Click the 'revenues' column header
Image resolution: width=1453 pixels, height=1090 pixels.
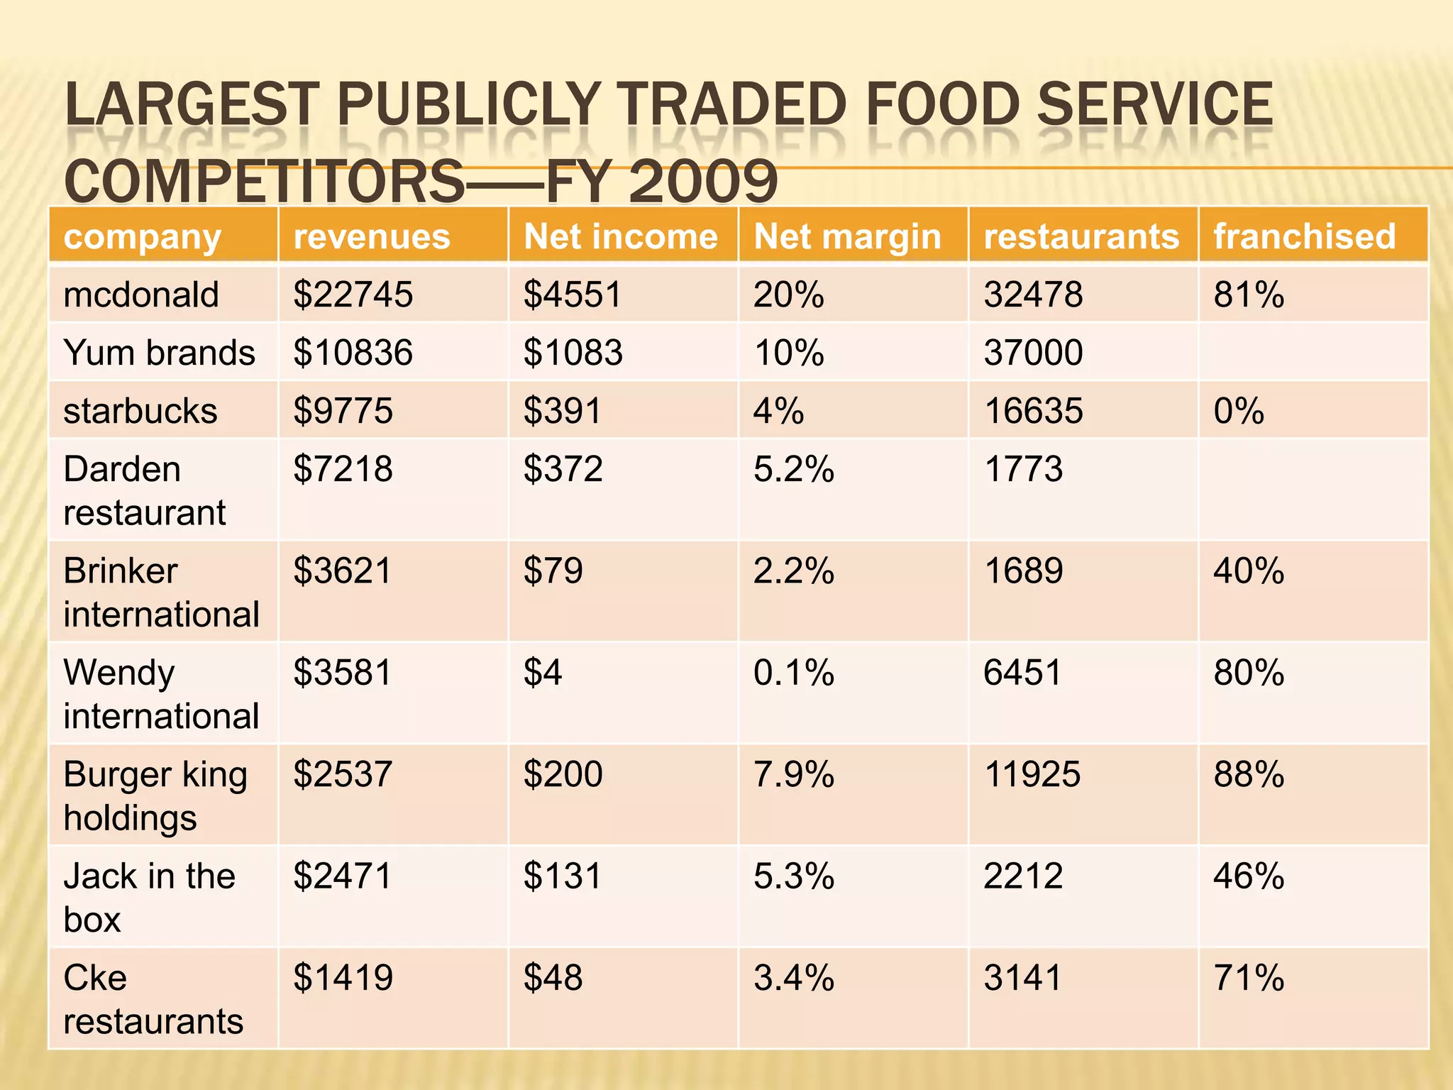point(372,236)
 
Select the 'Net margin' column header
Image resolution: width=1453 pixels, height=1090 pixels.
point(847,236)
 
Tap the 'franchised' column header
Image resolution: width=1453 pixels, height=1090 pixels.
point(1304,236)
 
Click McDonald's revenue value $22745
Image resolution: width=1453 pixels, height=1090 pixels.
point(353,294)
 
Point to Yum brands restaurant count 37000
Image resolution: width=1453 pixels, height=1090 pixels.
point(1033,353)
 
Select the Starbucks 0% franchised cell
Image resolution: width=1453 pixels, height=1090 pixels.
point(1239,411)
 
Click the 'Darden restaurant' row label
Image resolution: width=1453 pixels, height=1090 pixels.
point(145,490)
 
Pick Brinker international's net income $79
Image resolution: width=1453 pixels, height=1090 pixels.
point(553,571)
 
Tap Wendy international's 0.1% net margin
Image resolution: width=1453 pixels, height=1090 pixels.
point(793,672)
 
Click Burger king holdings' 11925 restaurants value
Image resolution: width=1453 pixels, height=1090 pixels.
point(1032,774)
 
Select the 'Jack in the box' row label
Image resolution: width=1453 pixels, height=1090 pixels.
point(149,897)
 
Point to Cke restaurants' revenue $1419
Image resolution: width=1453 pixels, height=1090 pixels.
point(343,978)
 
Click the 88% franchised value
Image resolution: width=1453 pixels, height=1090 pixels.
point(1249,774)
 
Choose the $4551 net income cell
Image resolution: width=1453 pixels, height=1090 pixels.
point(572,294)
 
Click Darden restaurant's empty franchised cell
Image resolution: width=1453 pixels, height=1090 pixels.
point(1313,490)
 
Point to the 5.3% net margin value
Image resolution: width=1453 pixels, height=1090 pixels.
point(793,876)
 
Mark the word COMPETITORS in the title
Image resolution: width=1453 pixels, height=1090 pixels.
point(264,182)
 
